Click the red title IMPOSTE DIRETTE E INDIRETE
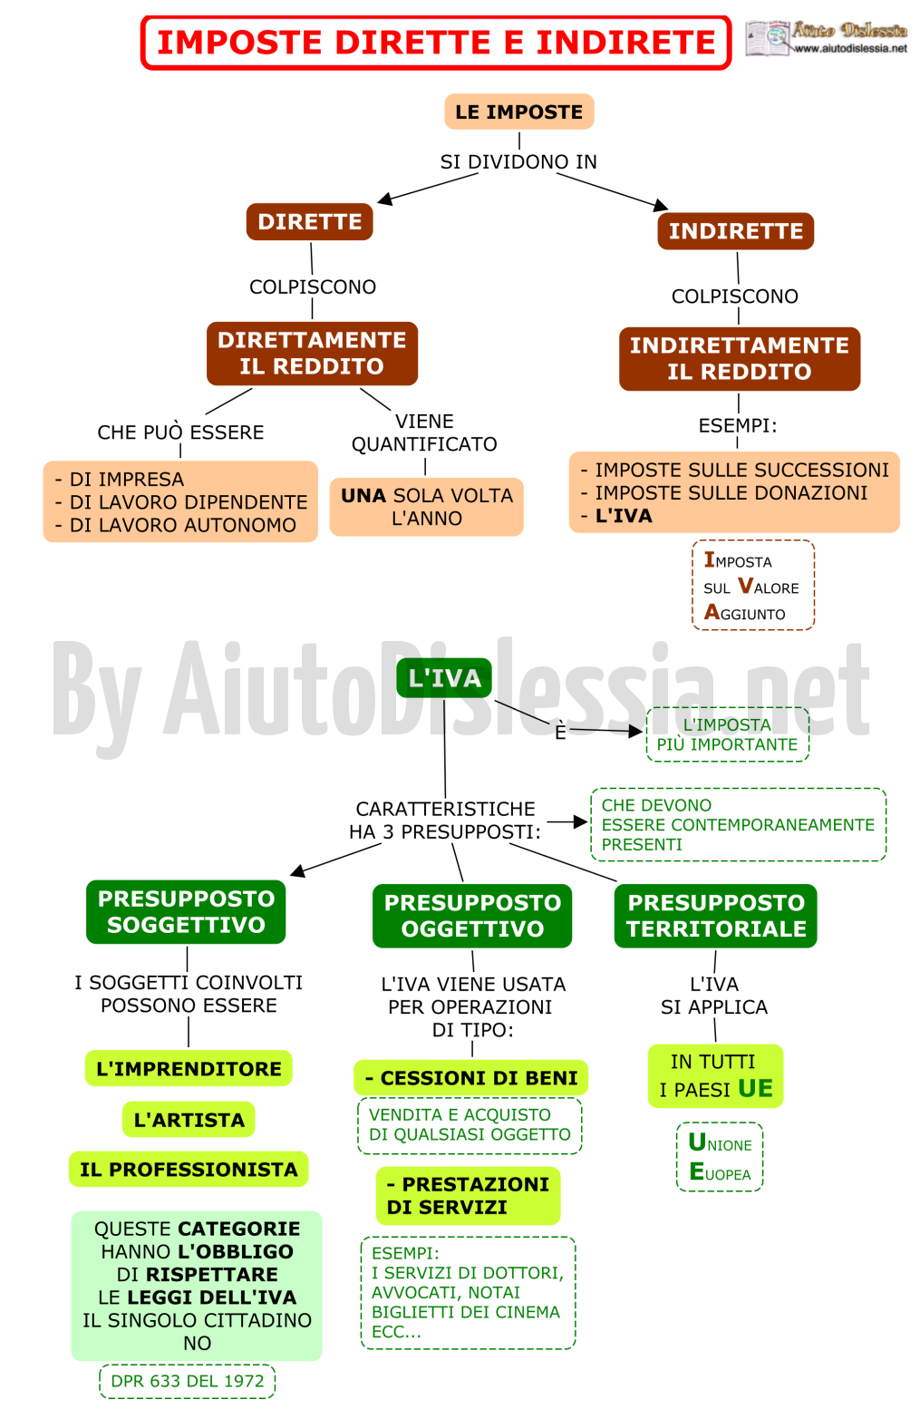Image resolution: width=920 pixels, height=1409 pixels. [x=436, y=43]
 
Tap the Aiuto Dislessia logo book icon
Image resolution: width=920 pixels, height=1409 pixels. [x=767, y=38]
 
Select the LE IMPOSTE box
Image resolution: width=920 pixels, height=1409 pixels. [x=518, y=112]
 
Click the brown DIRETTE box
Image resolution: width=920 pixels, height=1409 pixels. [x=309, y=221]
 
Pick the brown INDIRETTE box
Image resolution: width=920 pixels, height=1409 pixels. [x=735, y=231]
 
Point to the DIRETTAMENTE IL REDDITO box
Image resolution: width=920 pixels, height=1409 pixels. [x=312, y=353]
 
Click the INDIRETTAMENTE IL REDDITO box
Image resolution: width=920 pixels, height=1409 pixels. [x=740, y=358]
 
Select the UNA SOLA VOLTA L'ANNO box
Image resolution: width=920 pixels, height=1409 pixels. [x=426, y=507]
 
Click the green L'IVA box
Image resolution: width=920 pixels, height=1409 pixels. [x=444, y=677]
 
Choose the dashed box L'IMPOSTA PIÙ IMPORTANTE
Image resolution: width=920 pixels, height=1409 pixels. [x=728, y=734]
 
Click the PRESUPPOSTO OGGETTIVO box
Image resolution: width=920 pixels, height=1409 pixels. [x=472, y=916]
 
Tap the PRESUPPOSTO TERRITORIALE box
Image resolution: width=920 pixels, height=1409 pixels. [x=716, y=916]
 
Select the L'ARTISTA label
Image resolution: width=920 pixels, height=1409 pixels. [x=189, y=1120]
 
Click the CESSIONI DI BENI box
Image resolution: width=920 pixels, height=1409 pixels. [x=471, y=1077]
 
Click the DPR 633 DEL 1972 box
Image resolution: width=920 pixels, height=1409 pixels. [x=188, y=1381]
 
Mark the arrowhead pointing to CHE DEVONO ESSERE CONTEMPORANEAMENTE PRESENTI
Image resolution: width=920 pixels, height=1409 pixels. [x=580, y=821]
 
